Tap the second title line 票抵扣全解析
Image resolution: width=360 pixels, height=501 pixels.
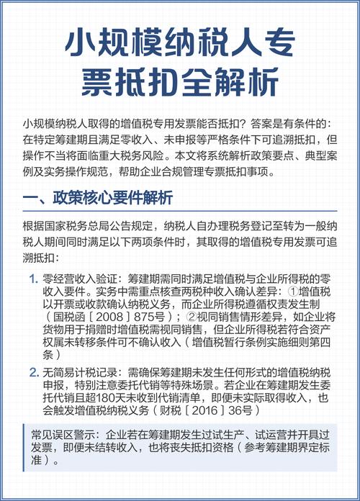coord(179,81)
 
